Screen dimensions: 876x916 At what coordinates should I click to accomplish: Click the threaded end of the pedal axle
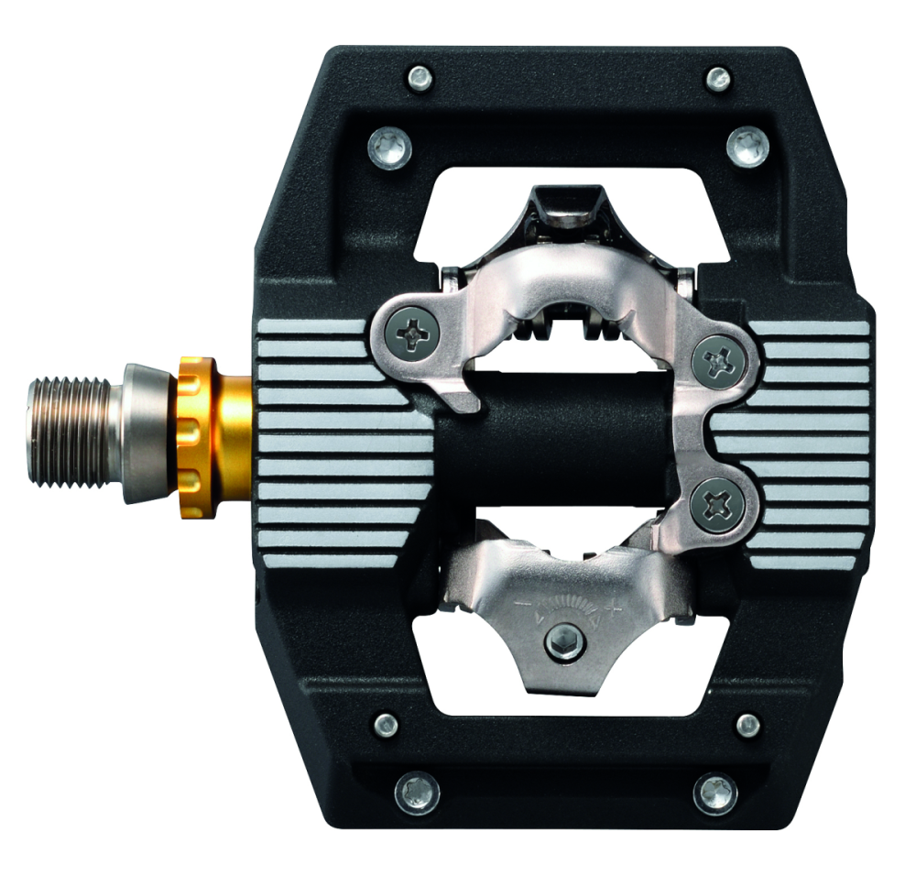[70, 432]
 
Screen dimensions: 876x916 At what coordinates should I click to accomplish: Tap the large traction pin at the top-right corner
[747, 146]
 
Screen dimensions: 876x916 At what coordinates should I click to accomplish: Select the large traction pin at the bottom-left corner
[417, 792]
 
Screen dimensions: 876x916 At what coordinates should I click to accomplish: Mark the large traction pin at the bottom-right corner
[714, 792]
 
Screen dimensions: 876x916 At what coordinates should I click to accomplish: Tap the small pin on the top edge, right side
[718, 78]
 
